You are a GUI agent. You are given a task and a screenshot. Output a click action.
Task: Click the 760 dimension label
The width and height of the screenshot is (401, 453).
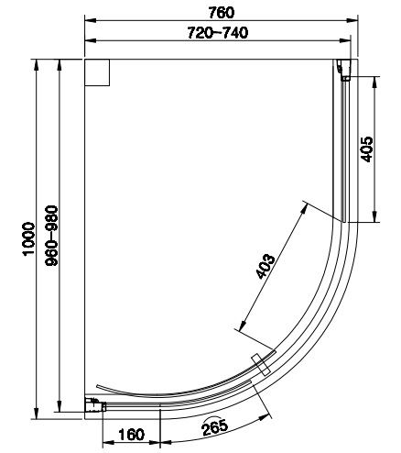[222, 12]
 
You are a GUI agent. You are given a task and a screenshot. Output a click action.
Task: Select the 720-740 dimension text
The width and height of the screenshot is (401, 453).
[218, 32]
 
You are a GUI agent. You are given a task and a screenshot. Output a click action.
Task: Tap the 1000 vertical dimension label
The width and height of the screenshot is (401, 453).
[29, 238]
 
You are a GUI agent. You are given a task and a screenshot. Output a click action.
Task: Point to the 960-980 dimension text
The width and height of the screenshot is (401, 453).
[51, 236]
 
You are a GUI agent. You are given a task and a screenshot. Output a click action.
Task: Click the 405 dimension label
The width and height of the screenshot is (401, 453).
[366, 149]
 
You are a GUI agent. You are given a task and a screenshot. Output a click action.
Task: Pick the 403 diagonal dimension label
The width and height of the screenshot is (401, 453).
[265, 266]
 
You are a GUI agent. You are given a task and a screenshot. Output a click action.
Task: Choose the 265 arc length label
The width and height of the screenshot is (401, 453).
[215, 426]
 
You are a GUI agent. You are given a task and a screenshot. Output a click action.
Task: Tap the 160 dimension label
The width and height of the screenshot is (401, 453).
[131, 435]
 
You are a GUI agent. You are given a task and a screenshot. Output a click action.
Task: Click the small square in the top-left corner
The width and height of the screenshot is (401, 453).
[97, 72]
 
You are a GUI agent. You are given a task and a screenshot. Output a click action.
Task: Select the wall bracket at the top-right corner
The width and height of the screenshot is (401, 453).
[344, 70]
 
